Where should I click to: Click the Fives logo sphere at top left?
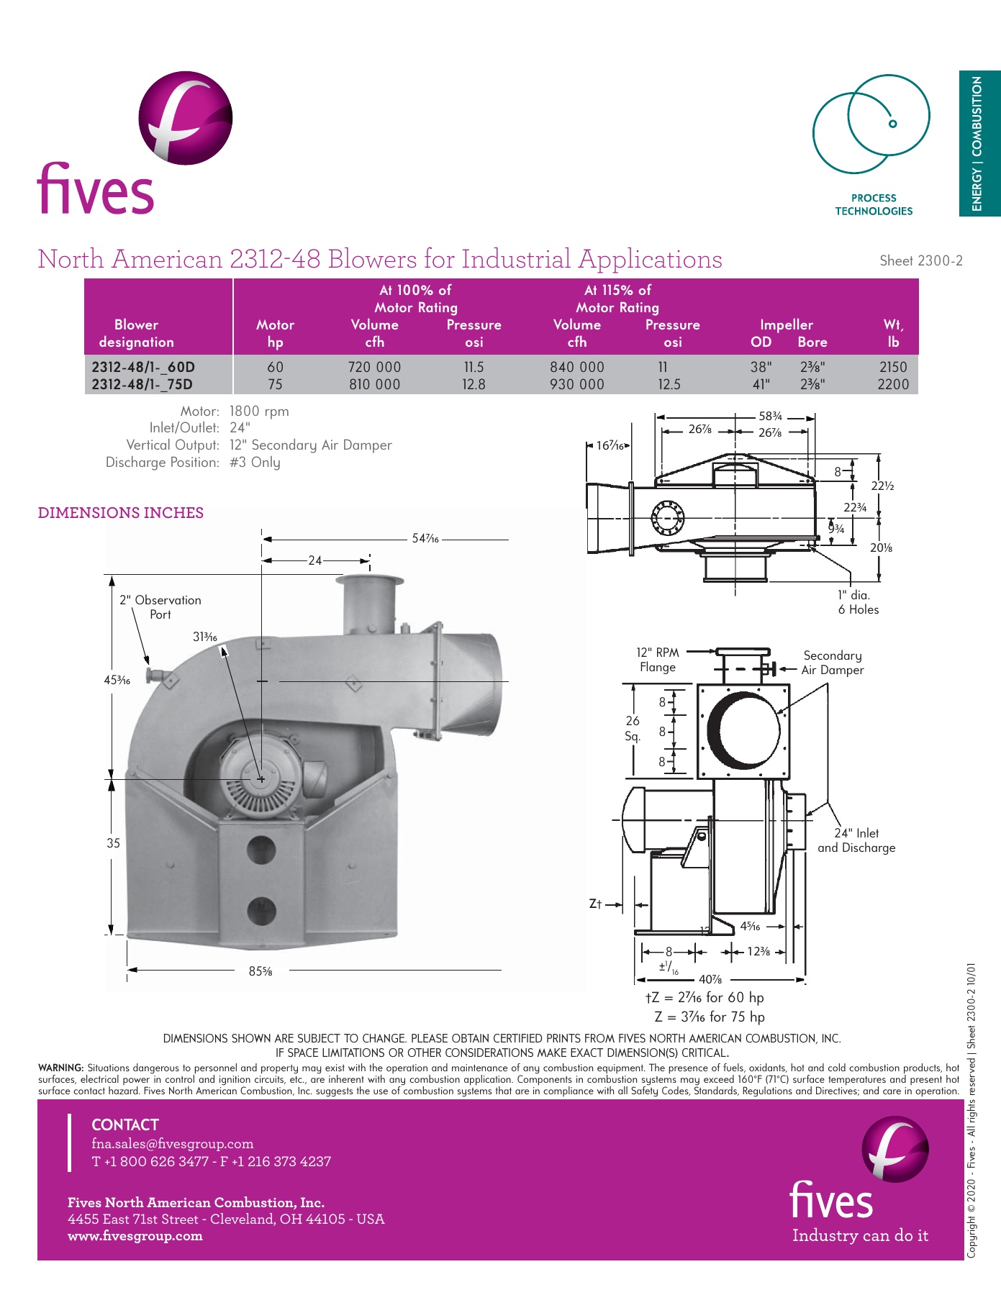186,117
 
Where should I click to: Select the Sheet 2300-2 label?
920,261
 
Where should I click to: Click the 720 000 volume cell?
374,367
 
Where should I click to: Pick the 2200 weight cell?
893,384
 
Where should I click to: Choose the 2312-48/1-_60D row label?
143,367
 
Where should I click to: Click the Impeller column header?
787,324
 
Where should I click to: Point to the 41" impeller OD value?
761,384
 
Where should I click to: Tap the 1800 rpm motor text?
259,412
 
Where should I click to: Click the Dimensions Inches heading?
120,513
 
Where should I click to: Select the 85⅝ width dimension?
261,971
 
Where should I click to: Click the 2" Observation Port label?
160,606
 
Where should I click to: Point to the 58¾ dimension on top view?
770,417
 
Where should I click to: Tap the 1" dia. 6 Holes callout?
858,602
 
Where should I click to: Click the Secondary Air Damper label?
833,663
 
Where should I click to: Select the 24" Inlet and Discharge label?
856,840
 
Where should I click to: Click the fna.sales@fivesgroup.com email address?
173,1144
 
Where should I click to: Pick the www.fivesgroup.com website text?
135,1236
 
